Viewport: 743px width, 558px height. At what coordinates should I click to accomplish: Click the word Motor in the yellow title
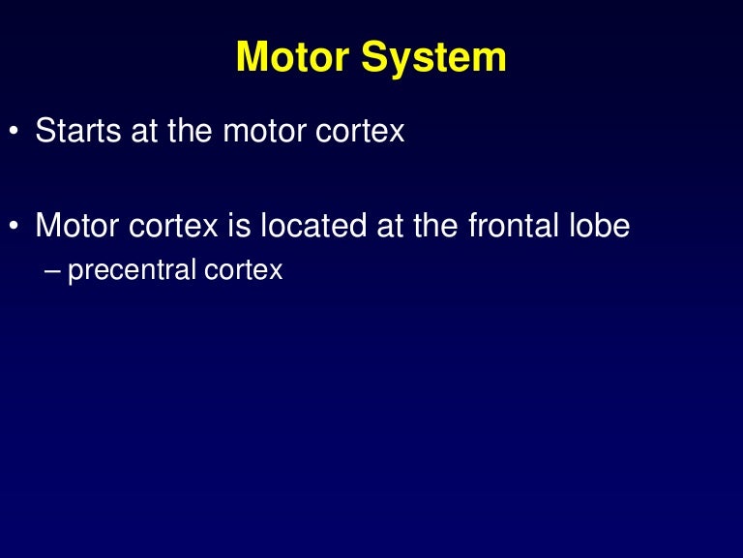tap(292, 57)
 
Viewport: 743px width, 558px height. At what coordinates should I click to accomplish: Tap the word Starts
tap(73, 131)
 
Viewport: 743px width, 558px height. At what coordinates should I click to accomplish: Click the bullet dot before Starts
tap(14, 132)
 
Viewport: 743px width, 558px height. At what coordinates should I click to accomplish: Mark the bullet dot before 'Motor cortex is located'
tap(14, 227)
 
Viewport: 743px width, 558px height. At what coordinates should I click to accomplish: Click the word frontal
tap(514, 226)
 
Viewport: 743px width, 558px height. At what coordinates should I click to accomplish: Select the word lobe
tap(601, 226)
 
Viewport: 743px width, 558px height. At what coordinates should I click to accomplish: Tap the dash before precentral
tap(52, 269)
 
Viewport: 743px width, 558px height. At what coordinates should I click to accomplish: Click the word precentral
tap(133, 269)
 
